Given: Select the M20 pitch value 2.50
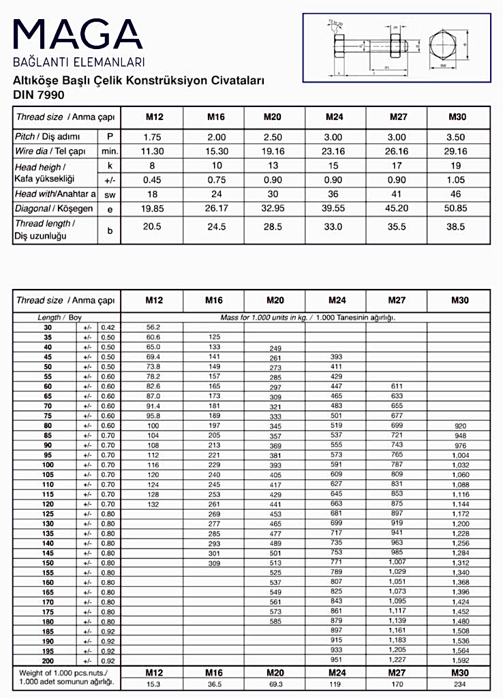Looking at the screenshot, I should pos(273,137).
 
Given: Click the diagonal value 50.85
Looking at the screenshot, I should pos(457,209).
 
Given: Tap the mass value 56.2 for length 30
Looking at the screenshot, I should pos(153,327).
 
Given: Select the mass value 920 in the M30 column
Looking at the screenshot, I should pos(459,425).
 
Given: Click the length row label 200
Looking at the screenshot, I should pos(48,661).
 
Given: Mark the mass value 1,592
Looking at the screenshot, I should pos(461,661).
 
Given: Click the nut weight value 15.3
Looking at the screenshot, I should pos(153,684).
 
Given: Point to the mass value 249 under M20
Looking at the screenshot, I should pos(275,348).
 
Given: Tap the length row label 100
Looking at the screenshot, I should pos(48,464).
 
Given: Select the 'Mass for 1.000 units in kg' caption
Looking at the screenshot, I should pos(307,317).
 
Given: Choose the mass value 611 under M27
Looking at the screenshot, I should pos(397,386).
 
